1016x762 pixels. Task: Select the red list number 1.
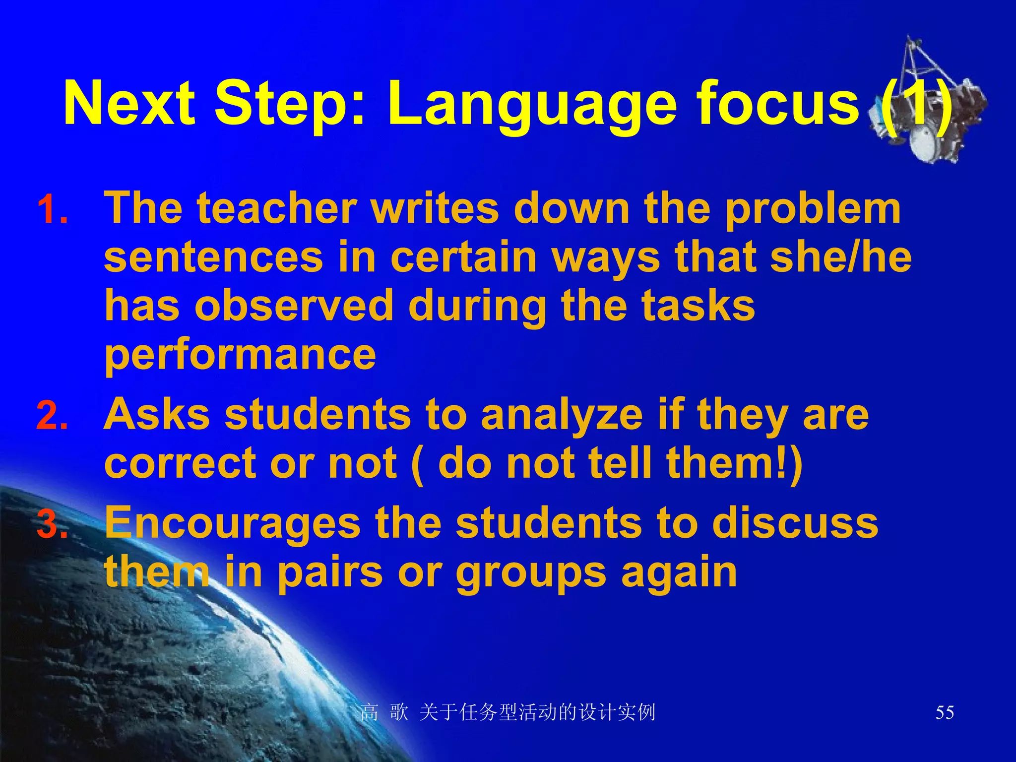53,210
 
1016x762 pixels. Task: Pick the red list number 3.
53,524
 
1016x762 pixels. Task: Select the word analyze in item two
562,416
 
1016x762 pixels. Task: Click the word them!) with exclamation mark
734,463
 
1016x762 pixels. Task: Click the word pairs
330,573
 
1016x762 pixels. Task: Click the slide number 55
945,713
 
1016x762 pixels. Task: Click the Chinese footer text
508,713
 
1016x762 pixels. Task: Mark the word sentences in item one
213,258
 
